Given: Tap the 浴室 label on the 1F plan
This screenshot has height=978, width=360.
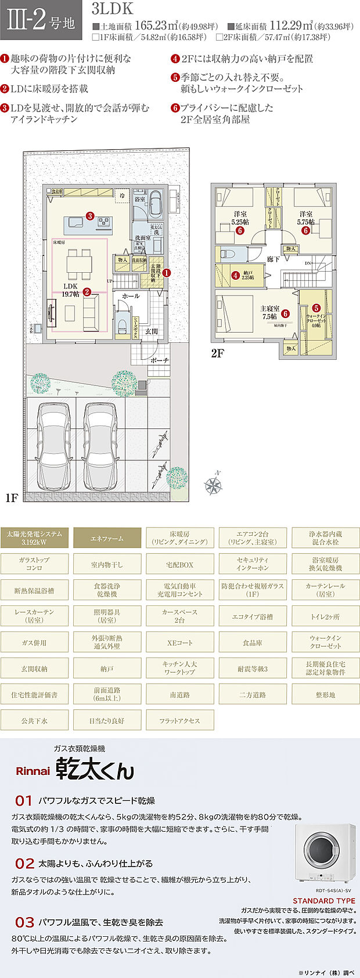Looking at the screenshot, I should [140, 199].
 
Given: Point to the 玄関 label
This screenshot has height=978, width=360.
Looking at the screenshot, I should [151, 331].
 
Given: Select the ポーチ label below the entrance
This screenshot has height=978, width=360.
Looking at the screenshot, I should [159, 360].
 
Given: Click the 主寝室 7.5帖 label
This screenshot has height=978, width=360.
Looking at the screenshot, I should [269, 313].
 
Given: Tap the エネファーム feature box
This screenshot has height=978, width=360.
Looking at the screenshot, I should [107, 538].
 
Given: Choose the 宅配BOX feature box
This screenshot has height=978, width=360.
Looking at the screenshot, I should [179, 564].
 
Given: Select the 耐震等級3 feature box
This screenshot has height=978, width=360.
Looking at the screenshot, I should [252, 669].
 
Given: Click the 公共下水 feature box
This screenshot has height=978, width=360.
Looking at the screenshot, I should [34, 720].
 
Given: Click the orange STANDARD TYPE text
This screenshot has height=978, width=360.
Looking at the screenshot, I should [323, 901].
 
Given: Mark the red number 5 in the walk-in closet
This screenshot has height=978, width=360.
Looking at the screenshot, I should [316, 308].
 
